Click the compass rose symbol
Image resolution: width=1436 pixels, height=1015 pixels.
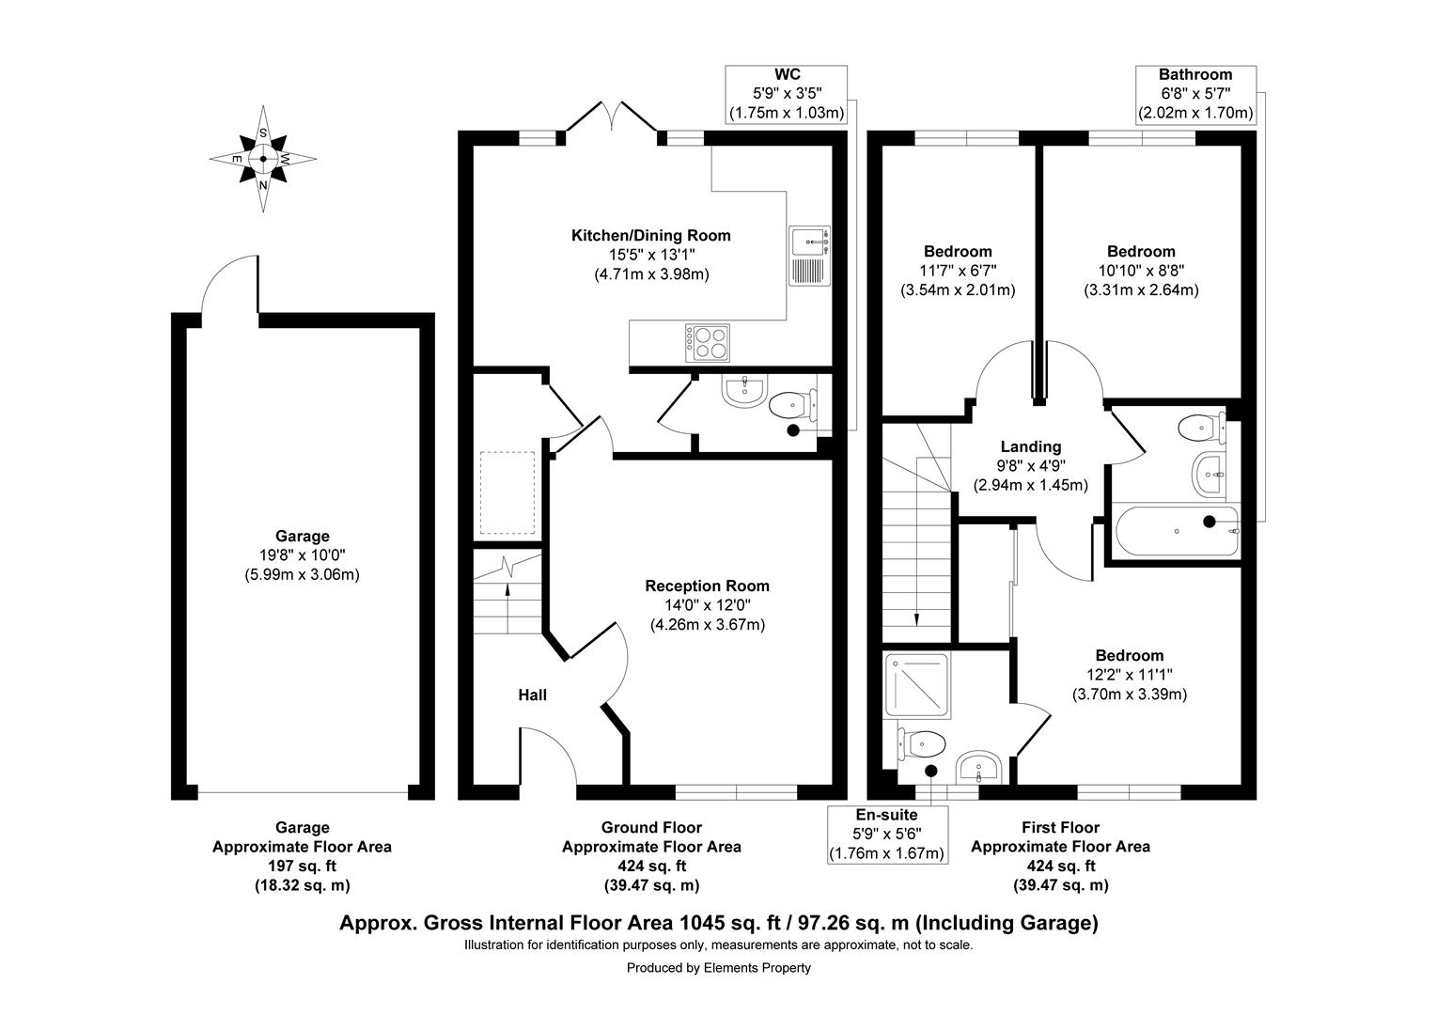click(262, 159)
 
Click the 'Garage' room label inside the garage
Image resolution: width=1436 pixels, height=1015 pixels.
click(302, 536)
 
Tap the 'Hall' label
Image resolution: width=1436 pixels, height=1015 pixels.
click(532, 695)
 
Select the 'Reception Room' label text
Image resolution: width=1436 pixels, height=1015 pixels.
click(707, 586)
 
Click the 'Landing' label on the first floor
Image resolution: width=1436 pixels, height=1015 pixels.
click(1030, 446)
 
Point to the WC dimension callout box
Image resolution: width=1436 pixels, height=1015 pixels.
click(787, 94)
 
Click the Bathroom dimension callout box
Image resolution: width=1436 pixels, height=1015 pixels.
click(1195, 94)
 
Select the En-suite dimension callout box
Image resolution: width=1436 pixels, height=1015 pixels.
click(885, 835)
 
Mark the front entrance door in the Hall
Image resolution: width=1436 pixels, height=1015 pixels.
click(545, 752)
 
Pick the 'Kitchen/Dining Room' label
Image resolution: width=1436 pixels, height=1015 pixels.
click(650, 235)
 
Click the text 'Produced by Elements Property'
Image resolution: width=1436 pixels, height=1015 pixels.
click(718, 967)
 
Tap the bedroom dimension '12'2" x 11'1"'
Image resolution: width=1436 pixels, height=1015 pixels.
click(1130, 675)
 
